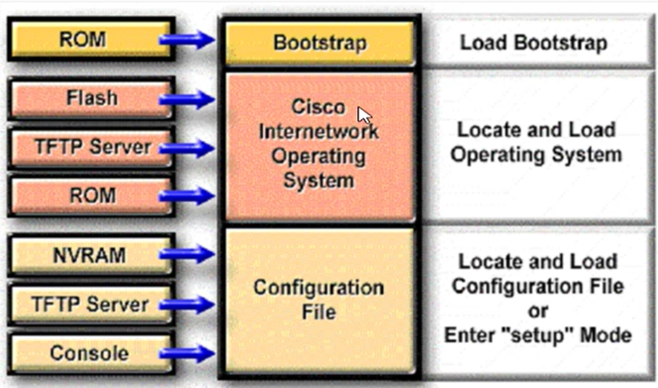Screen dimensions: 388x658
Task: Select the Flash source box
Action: coord(92,98)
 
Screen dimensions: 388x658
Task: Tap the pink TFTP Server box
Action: coord(92,147)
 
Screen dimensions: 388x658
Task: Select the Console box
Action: coord(90,353)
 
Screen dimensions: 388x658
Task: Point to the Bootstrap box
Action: coord(319,43)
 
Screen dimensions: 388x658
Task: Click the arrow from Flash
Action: coord(187,99)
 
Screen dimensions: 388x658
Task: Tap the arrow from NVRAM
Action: coord(187,252)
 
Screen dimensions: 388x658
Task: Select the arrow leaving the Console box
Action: coord(187,354)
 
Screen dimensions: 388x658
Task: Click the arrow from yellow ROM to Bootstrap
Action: coord(187,41)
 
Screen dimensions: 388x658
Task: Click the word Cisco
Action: coord(318,107)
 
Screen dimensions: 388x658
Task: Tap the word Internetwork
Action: coord(319,131)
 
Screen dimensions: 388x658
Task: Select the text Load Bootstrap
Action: coord(534,43)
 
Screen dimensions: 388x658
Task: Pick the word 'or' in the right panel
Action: coord(537,311)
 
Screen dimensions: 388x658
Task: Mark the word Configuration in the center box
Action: coord(319,288)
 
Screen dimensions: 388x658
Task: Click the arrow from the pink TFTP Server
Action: coord(187,148)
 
